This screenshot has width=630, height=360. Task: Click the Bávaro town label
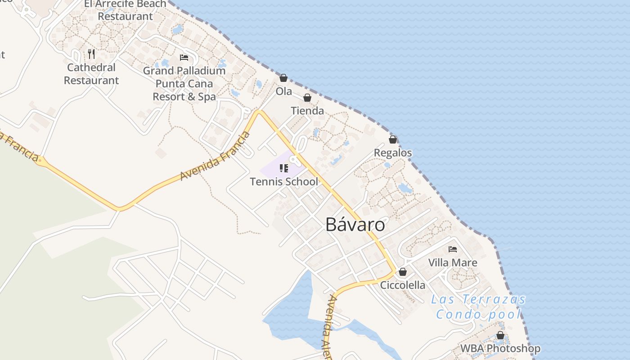point(355,225)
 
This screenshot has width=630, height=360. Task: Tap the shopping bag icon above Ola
point(283,78)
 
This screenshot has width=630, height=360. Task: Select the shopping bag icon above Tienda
point(307,98)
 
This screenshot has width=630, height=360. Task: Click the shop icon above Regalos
point(393,139)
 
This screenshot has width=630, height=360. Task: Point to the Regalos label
point(393,153)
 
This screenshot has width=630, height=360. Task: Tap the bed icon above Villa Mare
point(453,249)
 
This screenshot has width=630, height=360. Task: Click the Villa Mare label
point(453,263)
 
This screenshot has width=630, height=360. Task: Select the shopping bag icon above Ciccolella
point(403,272)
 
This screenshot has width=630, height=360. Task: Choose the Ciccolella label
point(403,285)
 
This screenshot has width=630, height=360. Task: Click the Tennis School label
point(284,182)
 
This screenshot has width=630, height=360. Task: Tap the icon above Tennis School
point(284,168)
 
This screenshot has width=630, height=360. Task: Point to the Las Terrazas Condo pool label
point(478,306)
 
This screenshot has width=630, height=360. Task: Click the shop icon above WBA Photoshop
point(500,335)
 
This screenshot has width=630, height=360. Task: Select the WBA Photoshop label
point(500,349)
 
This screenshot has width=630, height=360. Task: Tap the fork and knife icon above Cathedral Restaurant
point(91,54)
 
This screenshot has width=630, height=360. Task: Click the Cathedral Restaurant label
point(91,74)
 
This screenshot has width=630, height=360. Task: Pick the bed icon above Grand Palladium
point(184,57)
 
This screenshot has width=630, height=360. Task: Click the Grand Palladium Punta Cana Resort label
point(184,84)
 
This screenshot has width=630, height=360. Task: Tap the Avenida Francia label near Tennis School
point(215,156)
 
